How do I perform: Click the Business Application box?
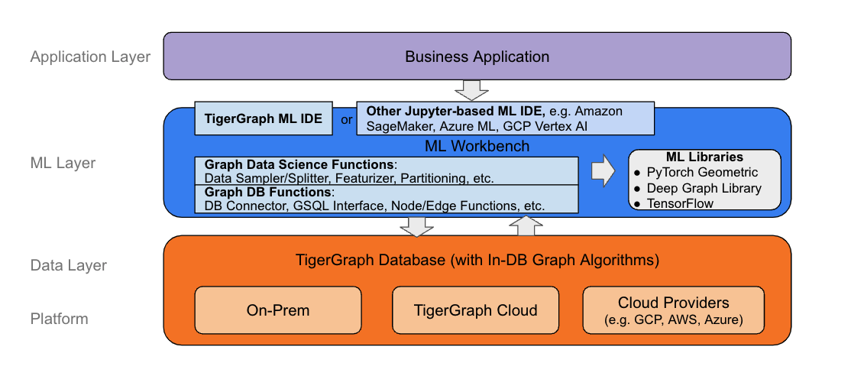477,57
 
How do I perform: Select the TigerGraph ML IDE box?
264,118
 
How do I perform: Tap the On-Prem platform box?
277,310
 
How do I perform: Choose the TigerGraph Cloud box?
475,310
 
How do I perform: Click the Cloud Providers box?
673,310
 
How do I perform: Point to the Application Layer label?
90,57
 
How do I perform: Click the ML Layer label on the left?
63,163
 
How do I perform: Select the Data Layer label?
69,265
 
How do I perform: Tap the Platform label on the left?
60,319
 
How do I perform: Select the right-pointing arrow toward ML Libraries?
603,170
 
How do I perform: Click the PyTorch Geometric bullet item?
702,172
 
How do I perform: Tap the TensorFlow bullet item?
681,203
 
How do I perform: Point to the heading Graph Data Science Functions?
300,164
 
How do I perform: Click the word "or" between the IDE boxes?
346,119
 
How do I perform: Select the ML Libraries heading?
704,157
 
